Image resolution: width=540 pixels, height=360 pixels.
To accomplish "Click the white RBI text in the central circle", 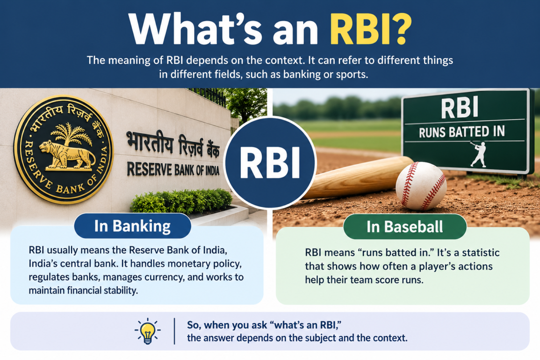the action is (x=270, y=163).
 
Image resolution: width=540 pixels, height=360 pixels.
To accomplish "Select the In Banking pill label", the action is (x=133, y=226).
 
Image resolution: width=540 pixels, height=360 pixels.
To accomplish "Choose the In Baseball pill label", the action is (x=405, y=227).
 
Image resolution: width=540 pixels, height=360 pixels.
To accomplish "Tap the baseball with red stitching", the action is (x=421, y=186).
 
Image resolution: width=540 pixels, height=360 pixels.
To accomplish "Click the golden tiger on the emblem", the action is (x=67, y=155).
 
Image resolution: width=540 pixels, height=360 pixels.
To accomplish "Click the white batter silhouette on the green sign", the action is (x=479, y=154).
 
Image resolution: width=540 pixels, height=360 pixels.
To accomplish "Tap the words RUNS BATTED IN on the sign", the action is (x=462, y=132).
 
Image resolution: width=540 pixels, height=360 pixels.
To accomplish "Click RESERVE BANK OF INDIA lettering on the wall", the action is (x=173, y=169).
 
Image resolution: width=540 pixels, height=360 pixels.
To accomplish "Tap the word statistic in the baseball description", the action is (x=481, y=252).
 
